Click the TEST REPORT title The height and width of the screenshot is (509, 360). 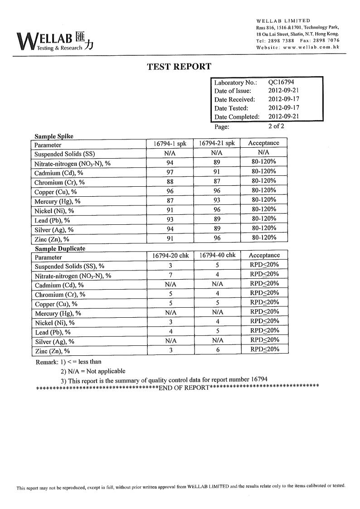[x=179, y=67]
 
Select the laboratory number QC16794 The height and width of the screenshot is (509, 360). [x=281, y=82]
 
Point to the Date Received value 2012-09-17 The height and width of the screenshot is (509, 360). [x=283, y=99]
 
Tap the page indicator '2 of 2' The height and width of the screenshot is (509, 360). [x=276, y=126]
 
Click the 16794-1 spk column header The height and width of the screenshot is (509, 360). [x=170, y=144]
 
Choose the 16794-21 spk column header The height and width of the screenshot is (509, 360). [x=217, y=144]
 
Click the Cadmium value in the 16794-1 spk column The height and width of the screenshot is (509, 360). [x=170, y=172]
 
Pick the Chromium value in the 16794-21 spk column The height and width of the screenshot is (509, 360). [x=217, y=181]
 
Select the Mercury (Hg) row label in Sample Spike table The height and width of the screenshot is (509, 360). [x=58, y=201]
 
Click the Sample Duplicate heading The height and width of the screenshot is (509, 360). [x=60, y=248]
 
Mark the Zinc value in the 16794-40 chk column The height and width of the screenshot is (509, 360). [x=218, y=350]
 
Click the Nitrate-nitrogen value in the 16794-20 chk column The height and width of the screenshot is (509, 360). [x=170, y=275]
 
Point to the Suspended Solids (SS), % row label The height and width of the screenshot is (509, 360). [x=69, y=266]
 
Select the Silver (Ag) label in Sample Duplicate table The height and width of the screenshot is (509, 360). [x=54, y=342]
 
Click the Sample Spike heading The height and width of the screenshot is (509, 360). [x=54, y=136]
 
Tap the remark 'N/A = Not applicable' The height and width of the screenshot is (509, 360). [x=93, y=371]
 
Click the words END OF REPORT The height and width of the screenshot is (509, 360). [x=184, y=388]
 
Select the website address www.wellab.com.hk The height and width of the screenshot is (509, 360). [x=311, y=48]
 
